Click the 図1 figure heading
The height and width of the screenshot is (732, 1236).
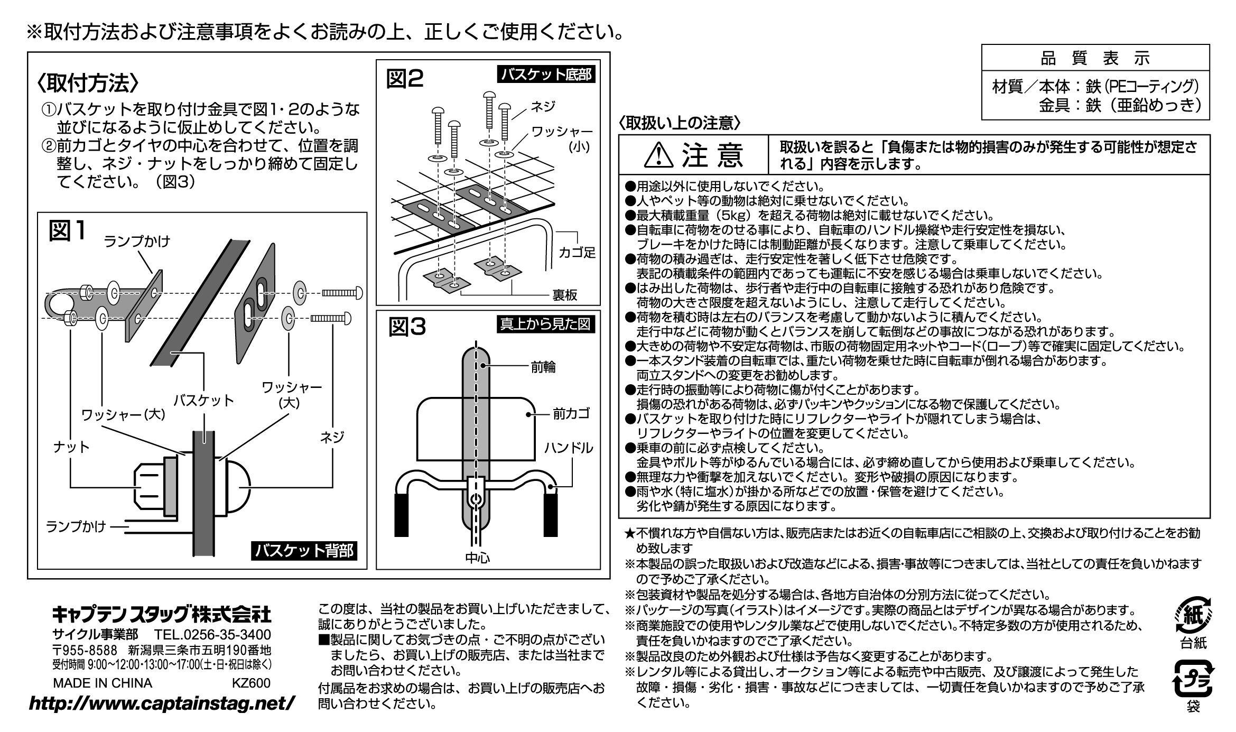tap(67, 231)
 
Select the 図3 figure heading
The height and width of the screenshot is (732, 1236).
tap(407, 327)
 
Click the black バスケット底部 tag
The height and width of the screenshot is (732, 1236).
tap(546, 75)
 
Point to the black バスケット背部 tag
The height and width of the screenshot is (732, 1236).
tap(304, 552)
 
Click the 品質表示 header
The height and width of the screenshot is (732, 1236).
tap(1095, 59)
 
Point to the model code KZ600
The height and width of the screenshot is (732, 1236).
tap(251, 683)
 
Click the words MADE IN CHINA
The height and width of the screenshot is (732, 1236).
tap(103, 683)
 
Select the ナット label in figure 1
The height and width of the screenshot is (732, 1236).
tap(71, 448)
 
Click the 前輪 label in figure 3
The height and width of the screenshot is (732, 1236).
tap(543, 367)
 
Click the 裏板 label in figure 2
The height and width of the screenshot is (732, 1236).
tap(565, 295)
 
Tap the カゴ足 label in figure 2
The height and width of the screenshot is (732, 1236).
tap(577, 253)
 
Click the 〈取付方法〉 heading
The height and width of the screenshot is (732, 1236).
tap(88, 84)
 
